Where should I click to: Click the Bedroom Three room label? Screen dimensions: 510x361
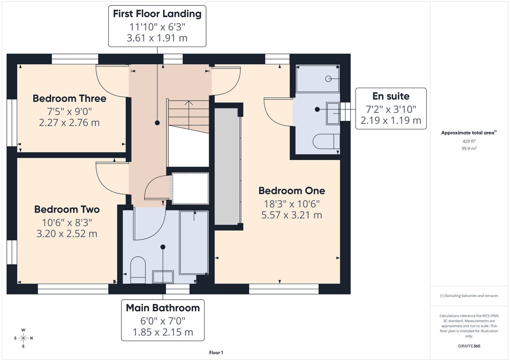point(69,99)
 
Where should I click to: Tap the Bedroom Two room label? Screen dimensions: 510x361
point(67,209)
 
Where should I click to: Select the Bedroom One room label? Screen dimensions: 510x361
point(292,191)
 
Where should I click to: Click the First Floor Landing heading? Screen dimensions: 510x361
point(157,14)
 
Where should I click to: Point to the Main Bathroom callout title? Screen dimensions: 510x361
point(163,308)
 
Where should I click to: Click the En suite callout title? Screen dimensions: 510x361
point(391,96)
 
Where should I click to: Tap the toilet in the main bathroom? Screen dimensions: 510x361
point(138,270)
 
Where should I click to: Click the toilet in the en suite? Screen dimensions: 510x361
point(326,142)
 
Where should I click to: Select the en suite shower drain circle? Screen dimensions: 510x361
point(328,79)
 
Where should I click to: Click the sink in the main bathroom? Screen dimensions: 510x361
point(163,277)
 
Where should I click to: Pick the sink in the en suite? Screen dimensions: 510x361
point(333,113)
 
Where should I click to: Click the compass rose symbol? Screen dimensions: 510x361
point(23,338)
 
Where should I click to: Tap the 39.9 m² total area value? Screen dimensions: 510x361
point(469,148)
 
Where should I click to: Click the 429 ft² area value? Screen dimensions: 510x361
point(469,141)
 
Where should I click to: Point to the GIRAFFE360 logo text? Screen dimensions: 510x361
point(469,346)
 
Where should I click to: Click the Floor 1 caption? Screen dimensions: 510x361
point(216,353)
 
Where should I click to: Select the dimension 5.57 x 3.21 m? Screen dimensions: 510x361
point(292,215)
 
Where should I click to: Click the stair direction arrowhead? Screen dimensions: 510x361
point(189,103)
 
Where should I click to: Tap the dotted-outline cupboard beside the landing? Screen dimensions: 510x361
point(190,188)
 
